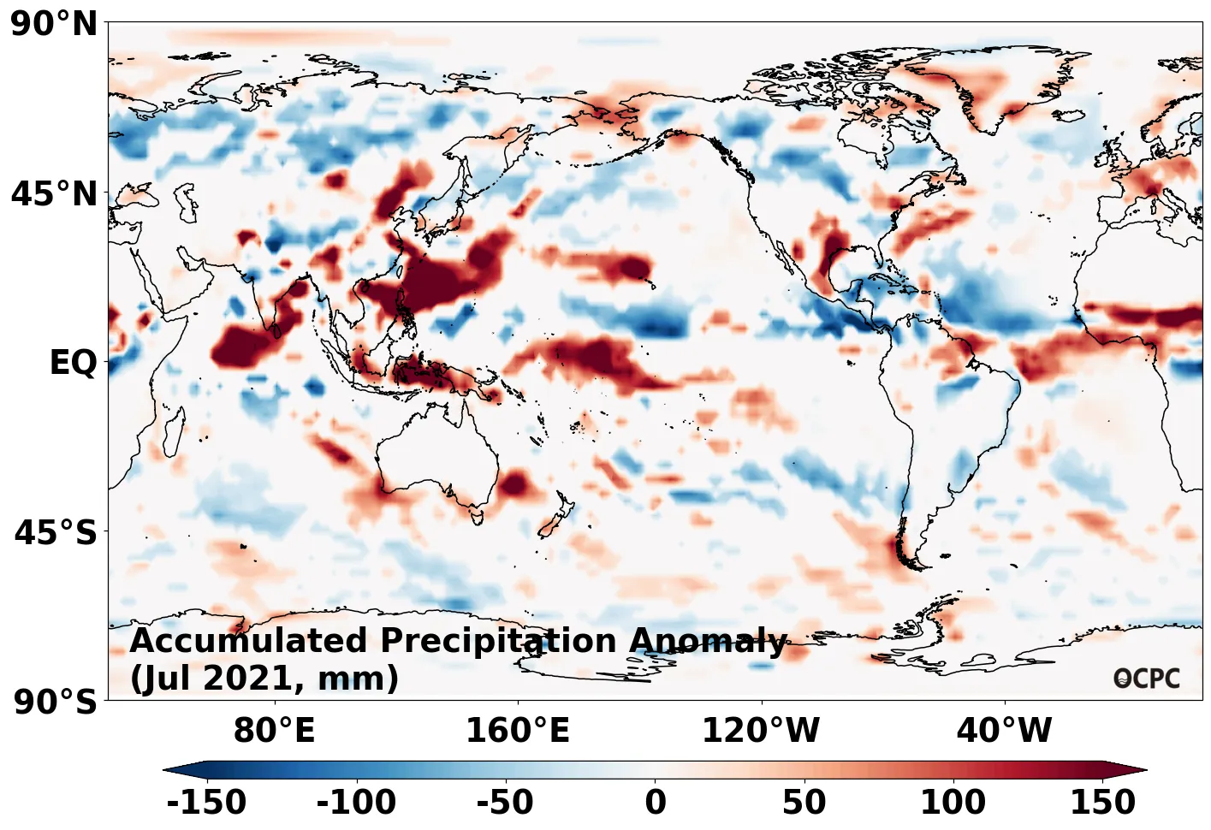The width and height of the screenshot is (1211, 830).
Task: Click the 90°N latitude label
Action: coord(54,24)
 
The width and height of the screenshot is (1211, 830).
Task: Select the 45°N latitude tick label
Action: coord(54,194)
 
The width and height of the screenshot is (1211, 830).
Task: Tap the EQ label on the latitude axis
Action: coord(73,363)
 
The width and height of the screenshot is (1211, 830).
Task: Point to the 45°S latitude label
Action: coord(56,532)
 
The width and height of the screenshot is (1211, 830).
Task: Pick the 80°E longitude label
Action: coord(274,731)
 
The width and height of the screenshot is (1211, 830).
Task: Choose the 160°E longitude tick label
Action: coord(517,731)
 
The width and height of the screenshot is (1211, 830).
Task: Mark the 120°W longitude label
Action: coord(761,731)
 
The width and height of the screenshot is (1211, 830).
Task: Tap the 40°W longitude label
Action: coord(1004,731)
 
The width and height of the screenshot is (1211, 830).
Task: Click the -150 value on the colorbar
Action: coord(206,803)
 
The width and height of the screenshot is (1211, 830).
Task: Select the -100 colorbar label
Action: coord(356,803)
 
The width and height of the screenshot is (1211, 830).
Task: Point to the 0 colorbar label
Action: coord(656,803)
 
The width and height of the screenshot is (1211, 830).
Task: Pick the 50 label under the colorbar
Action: coord(804,803)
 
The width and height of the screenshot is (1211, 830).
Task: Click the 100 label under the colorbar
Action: coord(953,803)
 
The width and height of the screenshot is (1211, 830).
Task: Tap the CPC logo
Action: coord(1147,679)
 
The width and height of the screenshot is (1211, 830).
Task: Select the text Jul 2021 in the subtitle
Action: coord(214,678)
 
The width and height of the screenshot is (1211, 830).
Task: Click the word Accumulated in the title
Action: coord(249,640)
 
